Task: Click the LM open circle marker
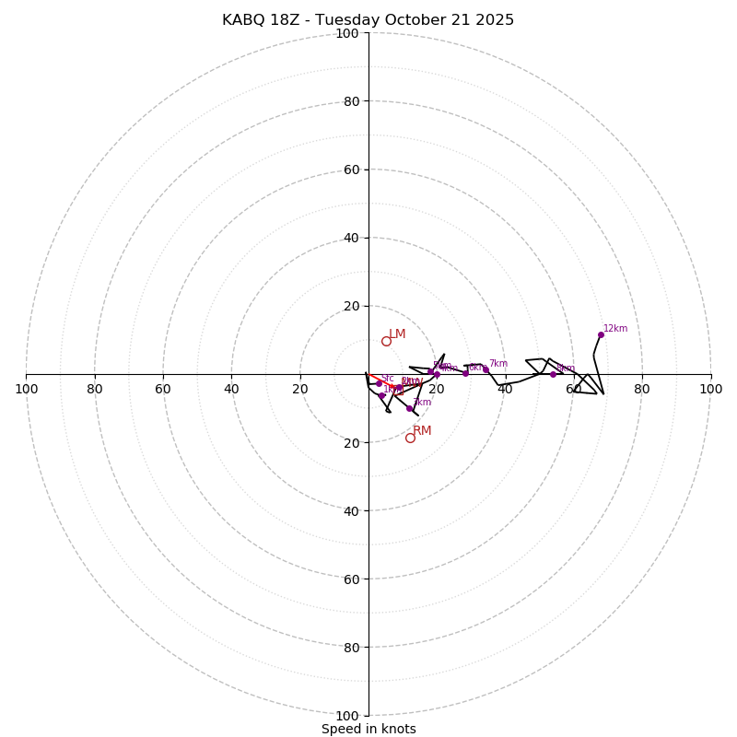click(386, 341)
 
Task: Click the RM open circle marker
click(410, 438)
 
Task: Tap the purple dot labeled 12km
click(601, 334)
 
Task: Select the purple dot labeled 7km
click(485, 369)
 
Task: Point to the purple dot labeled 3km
click(409, 408)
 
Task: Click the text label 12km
click(615, 329)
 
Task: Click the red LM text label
click(397, 334)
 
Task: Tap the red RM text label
click(422, 431)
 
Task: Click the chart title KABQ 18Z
click(259, 20)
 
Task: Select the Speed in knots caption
click(368, 730)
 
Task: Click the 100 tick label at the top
click(347, 34)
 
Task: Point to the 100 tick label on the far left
click(26, 389)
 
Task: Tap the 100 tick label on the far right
click(710, 389)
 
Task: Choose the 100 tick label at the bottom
click(347, 716)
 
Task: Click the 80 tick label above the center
click(350, 102)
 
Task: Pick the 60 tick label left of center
click(163, 389)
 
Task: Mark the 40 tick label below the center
click(350, 511)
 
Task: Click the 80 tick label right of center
click(642, 389)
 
